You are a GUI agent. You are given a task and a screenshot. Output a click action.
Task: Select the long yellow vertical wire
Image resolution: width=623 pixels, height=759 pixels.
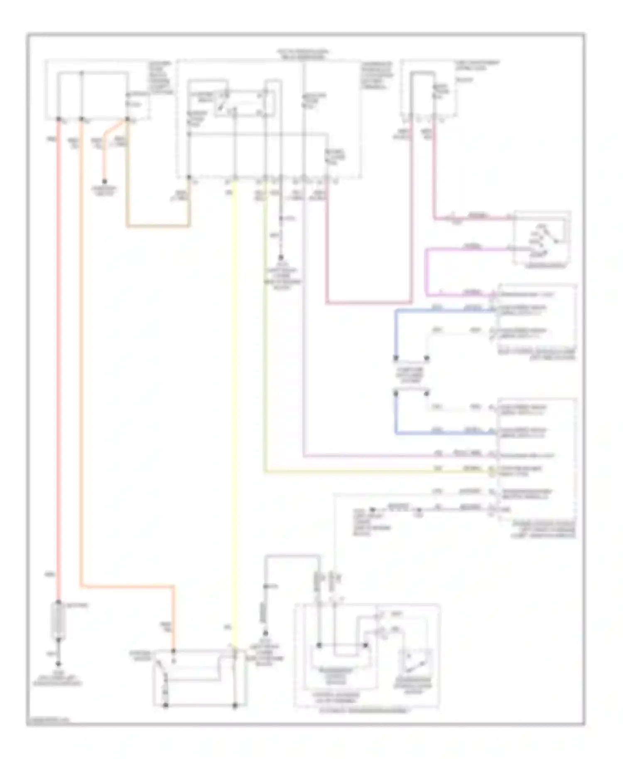pos(235,415)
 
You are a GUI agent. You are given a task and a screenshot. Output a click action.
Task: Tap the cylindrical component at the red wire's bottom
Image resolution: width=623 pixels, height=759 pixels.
pos(58,620)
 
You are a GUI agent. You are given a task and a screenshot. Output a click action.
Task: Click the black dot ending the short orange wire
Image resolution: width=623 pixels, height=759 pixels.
pos(105,181)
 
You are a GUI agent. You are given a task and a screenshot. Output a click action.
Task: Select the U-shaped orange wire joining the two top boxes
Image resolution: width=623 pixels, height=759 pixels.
pos(158,226)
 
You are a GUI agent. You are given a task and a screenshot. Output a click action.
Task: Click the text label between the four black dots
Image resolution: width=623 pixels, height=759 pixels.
pos(411,375)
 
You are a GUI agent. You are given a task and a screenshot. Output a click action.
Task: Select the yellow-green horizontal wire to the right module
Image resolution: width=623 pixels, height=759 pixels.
pos(374,471)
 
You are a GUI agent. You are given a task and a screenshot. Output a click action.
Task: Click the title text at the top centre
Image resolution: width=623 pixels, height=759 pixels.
pos(304,54)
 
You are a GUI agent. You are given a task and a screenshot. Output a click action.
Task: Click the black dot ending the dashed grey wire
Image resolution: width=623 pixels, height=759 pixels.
pos(281,257)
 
